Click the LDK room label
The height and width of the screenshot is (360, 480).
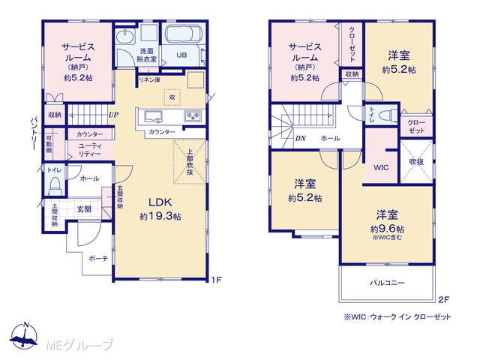(160, 202)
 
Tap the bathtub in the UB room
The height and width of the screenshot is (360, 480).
(183, 33)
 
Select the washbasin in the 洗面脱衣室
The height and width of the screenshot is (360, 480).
(125, 36)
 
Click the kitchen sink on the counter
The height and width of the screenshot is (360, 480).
(153, 117)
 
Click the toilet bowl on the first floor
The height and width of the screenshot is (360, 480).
(55, 185)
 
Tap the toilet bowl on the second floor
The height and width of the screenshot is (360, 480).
(387, 115)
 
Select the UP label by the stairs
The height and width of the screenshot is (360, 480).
(113, 115)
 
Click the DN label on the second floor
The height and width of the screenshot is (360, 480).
(300, 138)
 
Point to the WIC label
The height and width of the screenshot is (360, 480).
(381, 168)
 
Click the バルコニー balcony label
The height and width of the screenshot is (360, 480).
(387, 283)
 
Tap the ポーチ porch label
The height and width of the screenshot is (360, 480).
(98, 259)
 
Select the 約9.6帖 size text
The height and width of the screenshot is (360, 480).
(387, 229)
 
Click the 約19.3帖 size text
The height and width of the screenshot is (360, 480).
(160, 217)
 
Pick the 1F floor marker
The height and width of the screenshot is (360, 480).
(216, 280)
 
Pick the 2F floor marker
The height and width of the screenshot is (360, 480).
(443, 300)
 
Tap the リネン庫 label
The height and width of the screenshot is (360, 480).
(150, 80)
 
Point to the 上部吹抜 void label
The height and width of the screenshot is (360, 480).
(190, 162)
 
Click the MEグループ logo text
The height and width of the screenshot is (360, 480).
(79, 345)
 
